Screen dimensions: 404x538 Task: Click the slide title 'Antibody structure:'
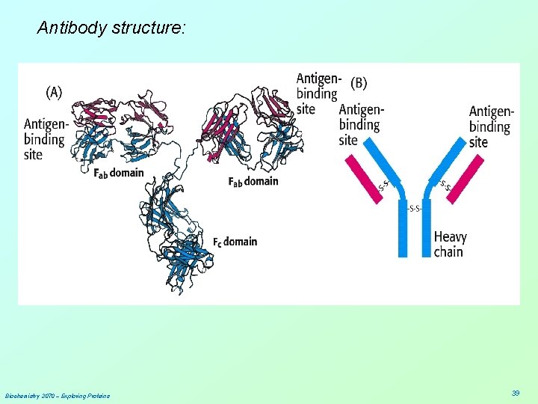tap(112, 28)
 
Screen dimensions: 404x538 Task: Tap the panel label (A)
tap(55, 92)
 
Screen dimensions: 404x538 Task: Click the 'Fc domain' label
tap(235, 242)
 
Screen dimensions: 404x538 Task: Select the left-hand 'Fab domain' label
tap(118, 174)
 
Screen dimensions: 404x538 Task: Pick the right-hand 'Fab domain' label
tap(253, 181)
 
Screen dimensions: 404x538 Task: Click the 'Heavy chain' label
tap(450, 244)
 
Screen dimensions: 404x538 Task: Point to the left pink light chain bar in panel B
tap(362, 179)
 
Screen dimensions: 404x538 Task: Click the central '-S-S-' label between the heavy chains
tap(414, 209)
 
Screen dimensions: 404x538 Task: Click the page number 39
tap(516, 393)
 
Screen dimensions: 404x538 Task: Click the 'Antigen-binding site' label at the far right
tap(491, 126)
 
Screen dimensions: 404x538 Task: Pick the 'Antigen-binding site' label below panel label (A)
tap(45, 139)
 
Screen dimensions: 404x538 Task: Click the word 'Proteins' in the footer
tap(98, 395)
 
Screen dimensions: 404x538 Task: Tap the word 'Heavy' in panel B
tap(450, 237)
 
